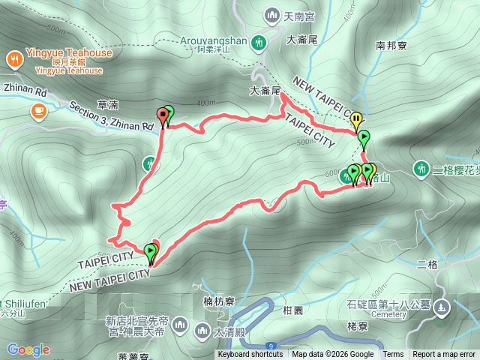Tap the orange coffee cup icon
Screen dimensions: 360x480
[x=37, y=111]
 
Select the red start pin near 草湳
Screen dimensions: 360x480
[x=162, y=116]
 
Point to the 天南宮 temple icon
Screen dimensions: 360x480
[x=270, y=14]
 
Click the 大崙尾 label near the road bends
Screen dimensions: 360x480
[x=265, y=91]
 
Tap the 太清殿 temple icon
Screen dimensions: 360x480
[x=202, y=330]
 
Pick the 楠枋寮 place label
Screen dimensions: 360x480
[x=218, y=301]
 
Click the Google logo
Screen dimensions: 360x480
[x=28, y=349]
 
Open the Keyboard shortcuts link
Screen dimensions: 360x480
[x=250, y=355]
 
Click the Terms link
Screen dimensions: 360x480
[x=393, y=355]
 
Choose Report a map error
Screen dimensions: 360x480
[x=444, y=355]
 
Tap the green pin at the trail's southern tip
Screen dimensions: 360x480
[x=151, y=251]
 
